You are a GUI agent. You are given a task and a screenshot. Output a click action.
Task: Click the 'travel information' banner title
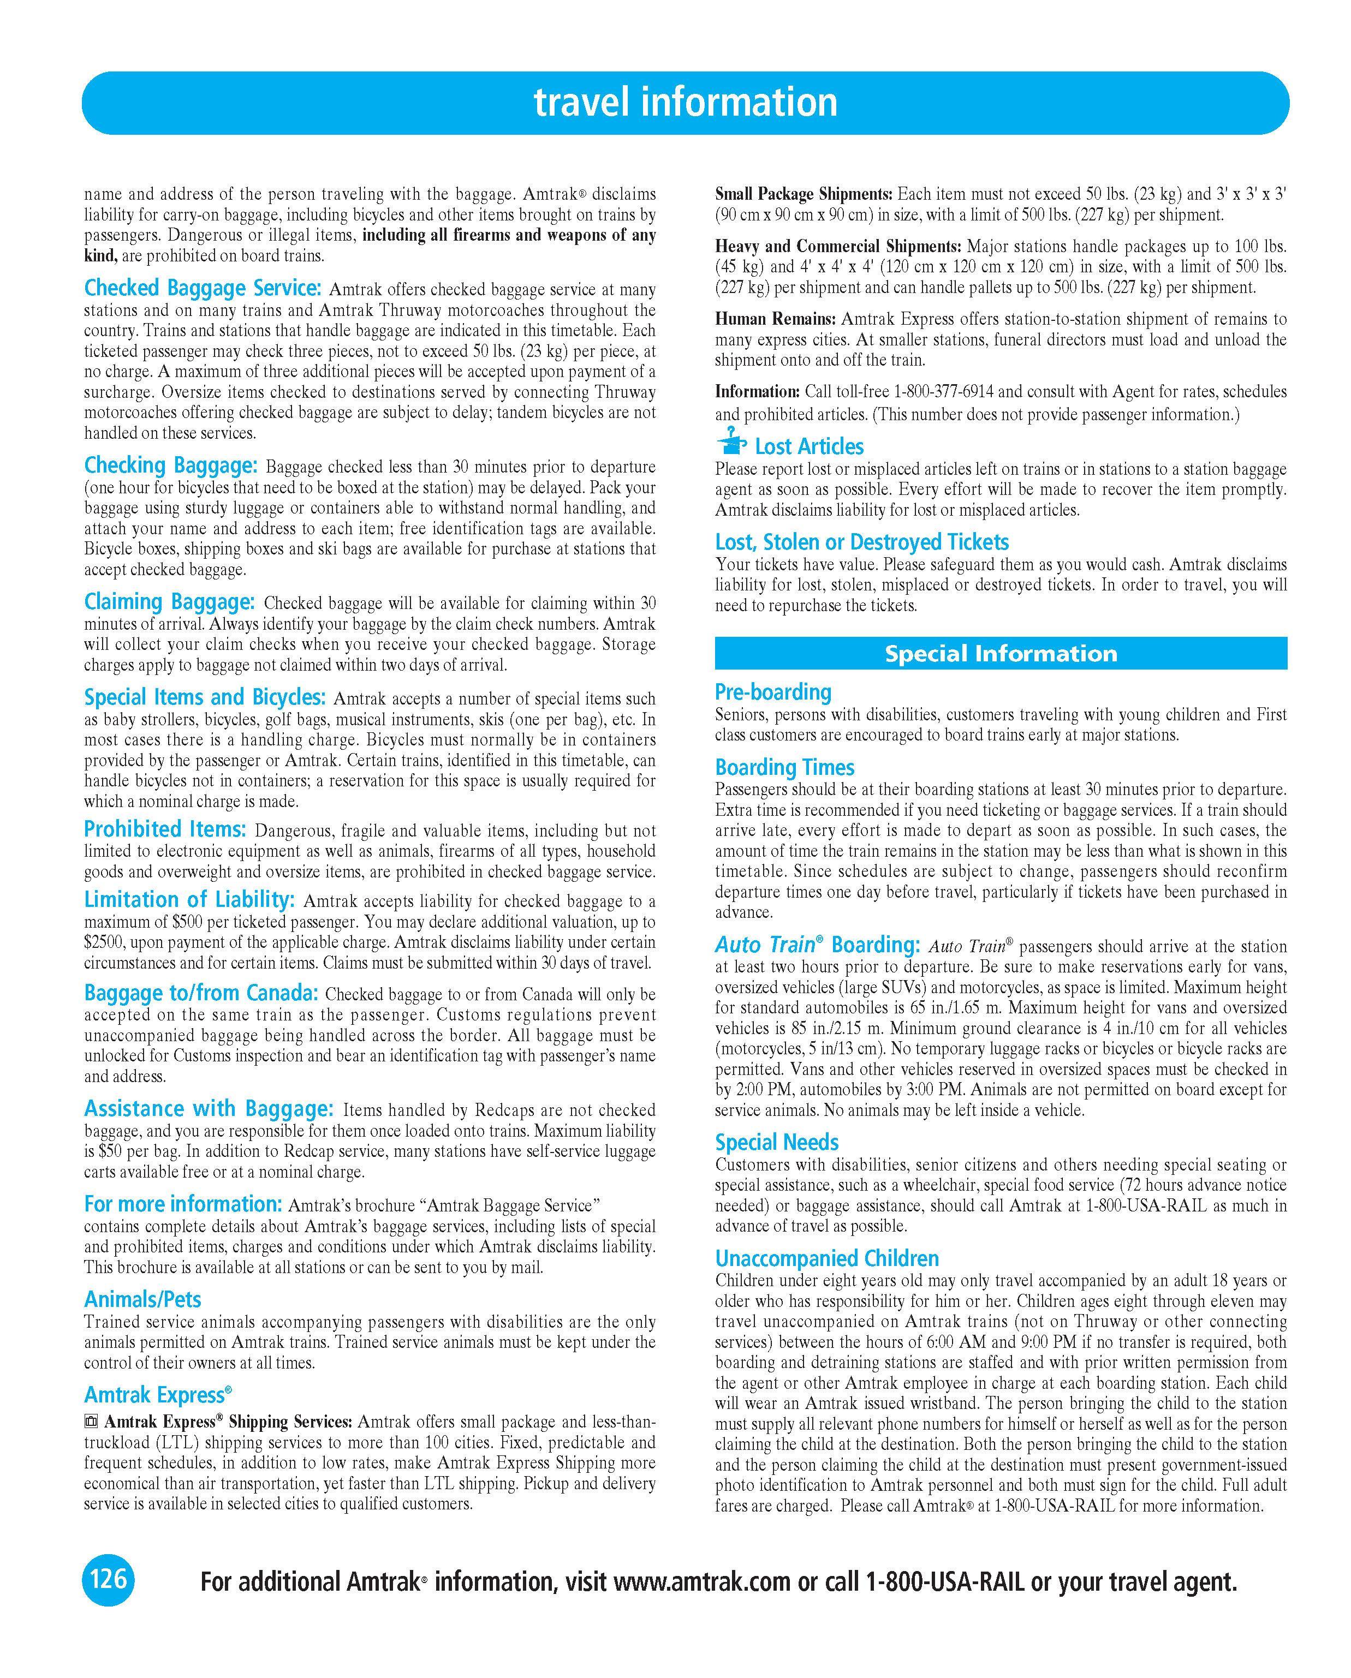pos(685,102)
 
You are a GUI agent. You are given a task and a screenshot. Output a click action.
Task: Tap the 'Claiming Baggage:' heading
pos(169,601)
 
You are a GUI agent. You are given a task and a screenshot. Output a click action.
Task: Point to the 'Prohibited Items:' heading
pos(165,829)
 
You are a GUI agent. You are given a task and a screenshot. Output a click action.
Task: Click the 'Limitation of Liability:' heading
pos(189,900)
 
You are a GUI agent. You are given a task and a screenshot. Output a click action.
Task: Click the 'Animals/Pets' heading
pos(142,1300)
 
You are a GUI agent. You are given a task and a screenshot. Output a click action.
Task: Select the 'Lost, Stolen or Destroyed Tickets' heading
pos(861,542)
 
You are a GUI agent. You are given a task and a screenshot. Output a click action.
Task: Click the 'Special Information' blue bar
pos(1001,653)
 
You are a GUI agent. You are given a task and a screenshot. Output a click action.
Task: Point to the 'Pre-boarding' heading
pos(773,692)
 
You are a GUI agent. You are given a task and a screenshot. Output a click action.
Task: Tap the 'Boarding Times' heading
pos(785,767)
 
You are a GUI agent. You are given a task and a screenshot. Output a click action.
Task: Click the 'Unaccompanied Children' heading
pos(827,1258)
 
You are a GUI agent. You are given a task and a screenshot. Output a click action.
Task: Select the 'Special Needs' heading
pos(776,1143)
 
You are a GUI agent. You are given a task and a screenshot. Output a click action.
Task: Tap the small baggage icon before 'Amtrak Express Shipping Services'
pos(91,1422)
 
